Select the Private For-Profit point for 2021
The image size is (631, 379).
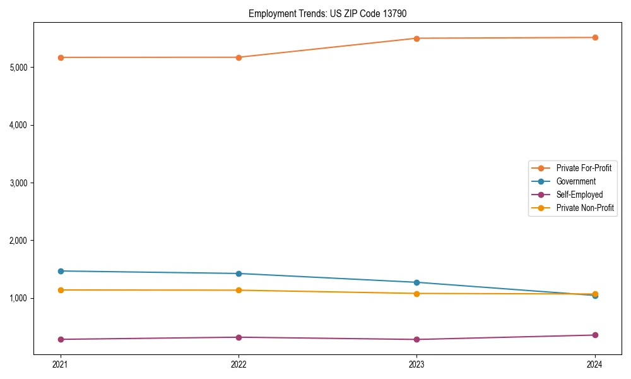[61, 57]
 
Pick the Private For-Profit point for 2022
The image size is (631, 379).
[239, 57]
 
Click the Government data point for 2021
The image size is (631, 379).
[61, 271]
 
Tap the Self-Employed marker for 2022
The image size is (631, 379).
[239, 337]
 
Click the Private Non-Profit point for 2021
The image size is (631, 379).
[61, 290]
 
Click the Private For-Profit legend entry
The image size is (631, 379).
[583, 168]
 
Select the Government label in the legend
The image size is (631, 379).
[575, 181]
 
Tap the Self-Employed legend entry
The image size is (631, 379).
[579, 195]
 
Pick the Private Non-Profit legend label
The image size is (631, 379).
[585, 208]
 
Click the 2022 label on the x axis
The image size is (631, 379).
[239, 364]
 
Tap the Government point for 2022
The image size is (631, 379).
[239, 274]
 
